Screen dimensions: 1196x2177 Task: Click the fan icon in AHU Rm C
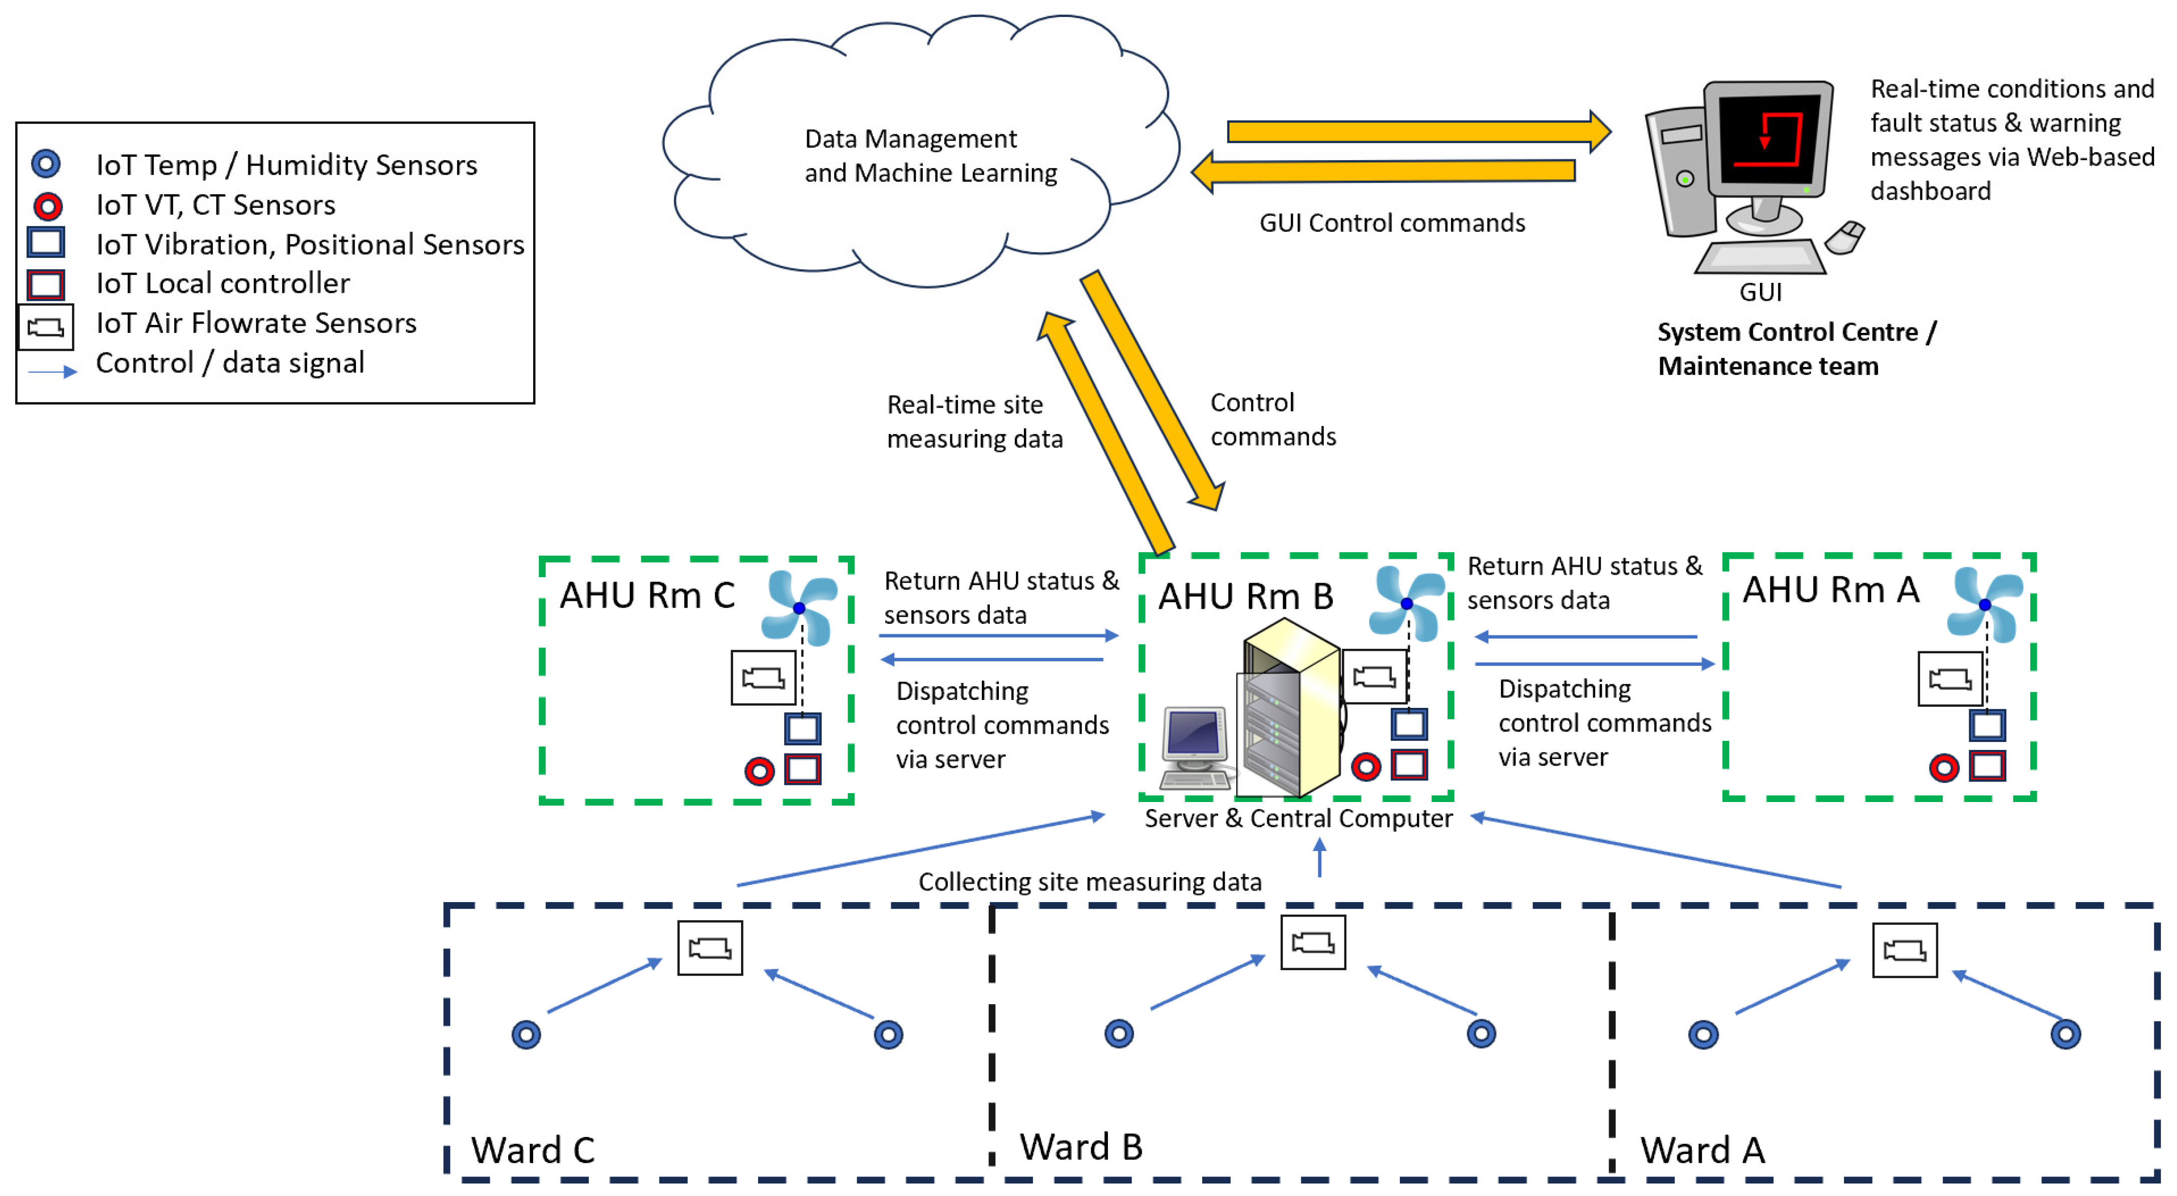[x=799, y=608]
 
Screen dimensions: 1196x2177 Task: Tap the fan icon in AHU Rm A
[x=1984, y=604]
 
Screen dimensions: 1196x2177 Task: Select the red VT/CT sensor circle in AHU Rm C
[x=759, y=771]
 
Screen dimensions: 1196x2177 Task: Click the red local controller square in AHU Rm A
[x=1987, y=766]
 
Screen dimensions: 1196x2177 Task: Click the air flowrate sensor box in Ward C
[x=710, y=948]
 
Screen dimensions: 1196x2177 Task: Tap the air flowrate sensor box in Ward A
[x=1904, y=951]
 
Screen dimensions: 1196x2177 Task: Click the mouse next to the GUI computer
[x=1845, y=237]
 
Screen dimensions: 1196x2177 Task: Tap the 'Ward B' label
[x=1081, y=1147]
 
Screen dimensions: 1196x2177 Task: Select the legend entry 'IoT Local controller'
[x=222, y=284]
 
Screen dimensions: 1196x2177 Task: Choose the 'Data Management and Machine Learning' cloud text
[x=930, y=156]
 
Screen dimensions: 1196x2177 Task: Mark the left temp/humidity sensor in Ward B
[x=1119, y=1034]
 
